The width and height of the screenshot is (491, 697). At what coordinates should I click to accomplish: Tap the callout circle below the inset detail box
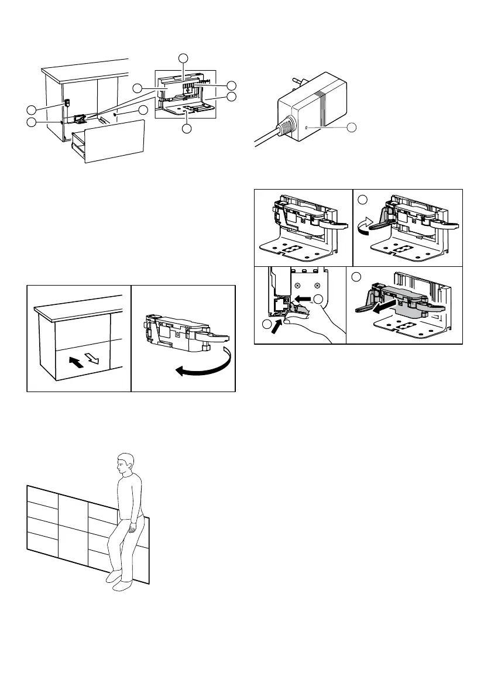click(186, 129)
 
